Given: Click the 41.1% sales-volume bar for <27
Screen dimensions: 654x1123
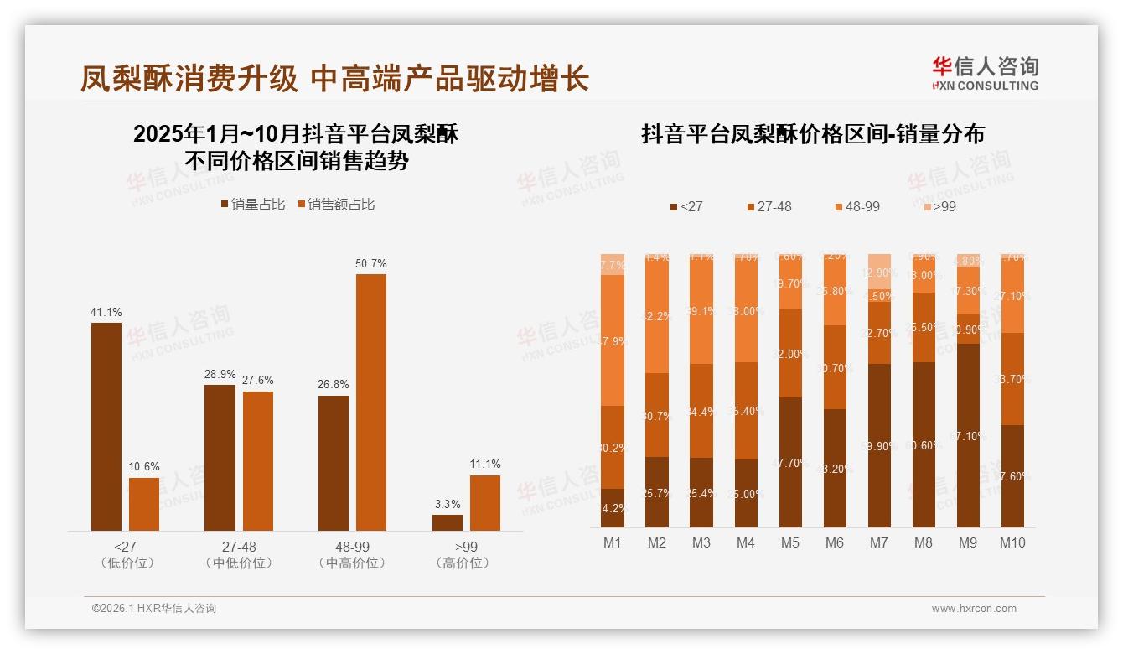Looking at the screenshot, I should pyautogui.click(x=106, y=426).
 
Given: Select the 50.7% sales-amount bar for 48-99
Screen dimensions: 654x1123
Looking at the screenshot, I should pyautogui.click(x=371, y=402).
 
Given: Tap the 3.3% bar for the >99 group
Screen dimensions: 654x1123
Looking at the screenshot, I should pyautogui.click(x=448, y=522).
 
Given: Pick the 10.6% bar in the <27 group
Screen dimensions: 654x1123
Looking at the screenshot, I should pyautogui.click(x=144, y=504).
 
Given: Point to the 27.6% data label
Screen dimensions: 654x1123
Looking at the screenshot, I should pyautogui.click(x=257, y=380).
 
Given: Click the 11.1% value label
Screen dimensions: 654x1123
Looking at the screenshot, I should pyautogui.click(x=485, y=464).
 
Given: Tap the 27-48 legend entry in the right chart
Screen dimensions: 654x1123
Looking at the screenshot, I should pyautogui.click(x=768, y=206).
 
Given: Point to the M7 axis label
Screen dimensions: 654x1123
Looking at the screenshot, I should pyautogui.click(x=878, y=542).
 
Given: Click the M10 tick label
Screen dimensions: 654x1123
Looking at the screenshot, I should pyautogui.click(x=1012, y=542).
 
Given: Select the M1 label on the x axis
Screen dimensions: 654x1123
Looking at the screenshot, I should pyautogui.click(x=613, y=542).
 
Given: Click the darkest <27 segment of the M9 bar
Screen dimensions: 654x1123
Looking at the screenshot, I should pyautogui.click(x=968, y=435).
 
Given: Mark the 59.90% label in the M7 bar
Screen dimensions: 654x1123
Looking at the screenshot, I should pyautogui.click(x=879, y=446).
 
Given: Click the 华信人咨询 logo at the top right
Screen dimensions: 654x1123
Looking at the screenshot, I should pyautogui.click(x=985, y=73).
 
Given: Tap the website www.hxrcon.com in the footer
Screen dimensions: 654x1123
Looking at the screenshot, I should pyautogui.click(x=974, y=609).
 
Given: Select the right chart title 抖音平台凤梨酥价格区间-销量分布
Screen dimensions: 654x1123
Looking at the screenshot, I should pyautogui.click(x=813, y=134).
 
